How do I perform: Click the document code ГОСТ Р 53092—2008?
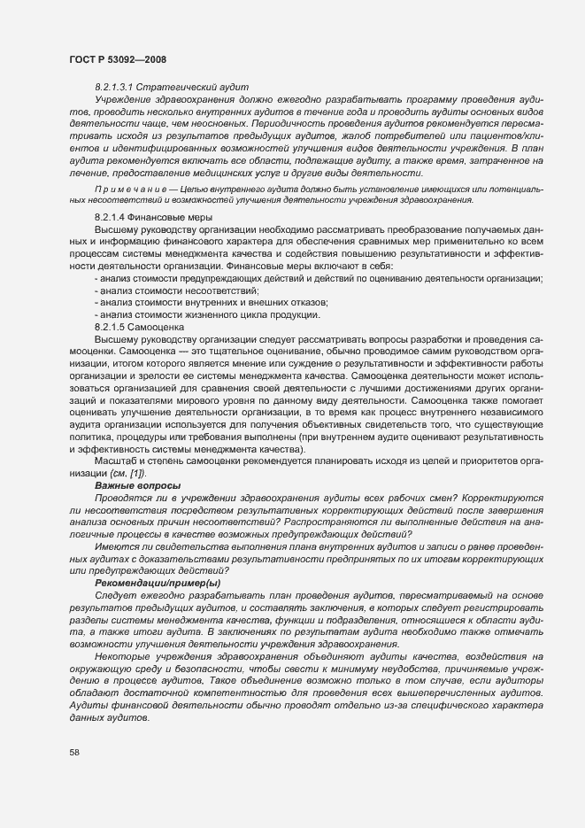(115, 58)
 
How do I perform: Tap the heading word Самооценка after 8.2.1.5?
(160, 328)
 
